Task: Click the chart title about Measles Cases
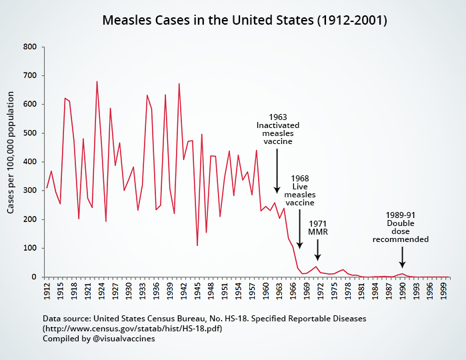[x=245, y=20]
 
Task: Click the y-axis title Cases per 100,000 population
[x=11, y=162]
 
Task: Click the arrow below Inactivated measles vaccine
[x=277, y=169]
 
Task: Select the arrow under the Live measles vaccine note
[x=299, y=236]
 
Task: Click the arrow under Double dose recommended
[x=402, y=256]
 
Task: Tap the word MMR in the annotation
[x=318, y=231]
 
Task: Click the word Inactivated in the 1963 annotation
[x=278, y=125]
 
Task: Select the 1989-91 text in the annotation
[x=401, y=215]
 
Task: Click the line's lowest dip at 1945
[x=197, y=245]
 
